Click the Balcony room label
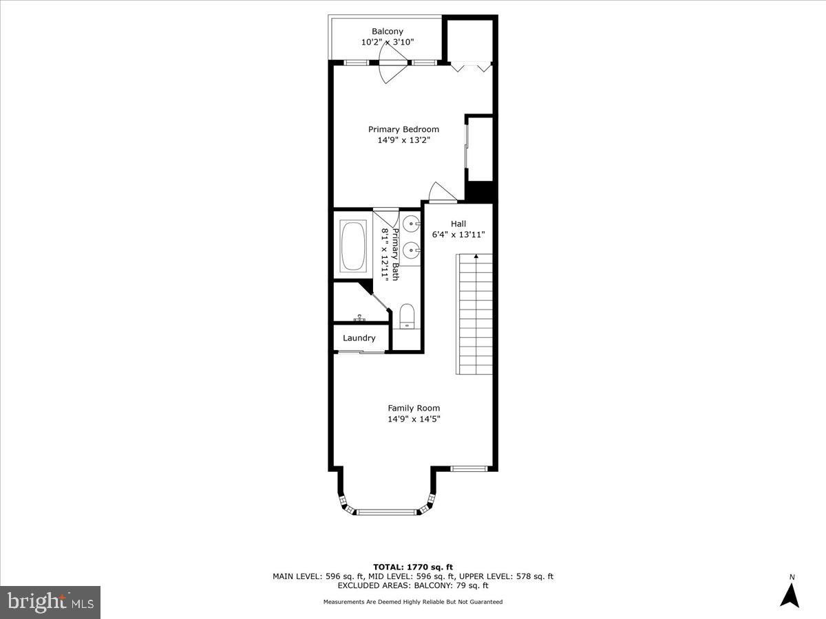click(x=388, y=31)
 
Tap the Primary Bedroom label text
click(x=403, y=129)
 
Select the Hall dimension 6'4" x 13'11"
click(x=458, y=235)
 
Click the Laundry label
click(x=359, y=338)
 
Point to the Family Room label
click(x=414, y=408)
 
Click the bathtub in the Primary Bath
click(x=353, y=246)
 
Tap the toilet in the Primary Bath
click(x=407, y=316)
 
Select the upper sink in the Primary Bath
click(x=412, y=224)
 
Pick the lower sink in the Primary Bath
click(x=412, y=250)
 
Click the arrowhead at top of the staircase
click(x=476, y=256)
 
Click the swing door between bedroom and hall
click(x=443, y=193)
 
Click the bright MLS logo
click(x=50, y=602)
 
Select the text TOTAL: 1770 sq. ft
click(x=413, y=567)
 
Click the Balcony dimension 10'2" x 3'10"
click(x=388, y=42)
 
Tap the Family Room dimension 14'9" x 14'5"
click(x=414, y=419)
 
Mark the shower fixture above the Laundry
click(x=360, y=318)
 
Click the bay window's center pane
click(x=388, y=512)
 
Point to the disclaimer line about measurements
click(x=413, y=602)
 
